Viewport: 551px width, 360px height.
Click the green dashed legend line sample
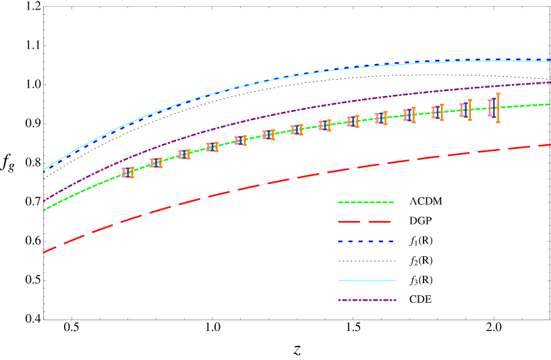[366, 202]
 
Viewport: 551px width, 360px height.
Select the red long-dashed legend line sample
[365, 222]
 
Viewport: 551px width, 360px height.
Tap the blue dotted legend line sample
[366, 241]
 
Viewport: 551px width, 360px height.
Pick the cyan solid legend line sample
[367, 280]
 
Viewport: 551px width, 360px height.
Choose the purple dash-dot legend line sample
[367, 301]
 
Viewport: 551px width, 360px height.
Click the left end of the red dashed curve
[45, 252]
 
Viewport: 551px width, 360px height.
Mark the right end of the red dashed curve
[550, 144]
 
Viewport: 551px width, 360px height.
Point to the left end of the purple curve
[45, 201]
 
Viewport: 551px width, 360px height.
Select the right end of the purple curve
[550, 82]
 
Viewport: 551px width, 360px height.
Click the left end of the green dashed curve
[45, 210]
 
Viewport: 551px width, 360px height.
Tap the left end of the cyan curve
[45, 169]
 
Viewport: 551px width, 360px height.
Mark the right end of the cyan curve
[550, 61]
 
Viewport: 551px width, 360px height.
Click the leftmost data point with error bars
[127, 173]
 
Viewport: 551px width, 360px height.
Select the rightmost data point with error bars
[494, 107]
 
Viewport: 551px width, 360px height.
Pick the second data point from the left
[156, 162]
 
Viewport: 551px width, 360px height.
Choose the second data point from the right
[465, 110]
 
